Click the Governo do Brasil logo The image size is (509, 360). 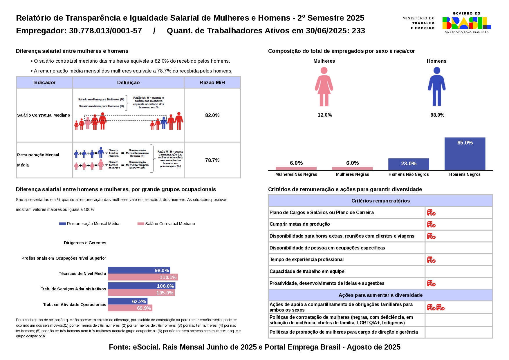pyautogui.click(x=466, y=23)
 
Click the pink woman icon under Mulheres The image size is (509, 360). pyautogui.click(x=324, y=87)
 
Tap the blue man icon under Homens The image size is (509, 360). pyautogui.click(x=436, y=87)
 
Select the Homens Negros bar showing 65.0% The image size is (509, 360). pyautogui.click(x=465, y=153)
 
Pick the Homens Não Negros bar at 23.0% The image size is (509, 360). pyautogui.click(x=408, y=164)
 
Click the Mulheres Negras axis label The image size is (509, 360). pyautogui.click(x=352, y=174)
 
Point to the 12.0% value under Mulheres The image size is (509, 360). pyautogui.click(x=325, y=115)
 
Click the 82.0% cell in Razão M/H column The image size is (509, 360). pyautogui.click(x=212, y=115)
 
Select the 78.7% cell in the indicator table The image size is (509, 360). pyautogui.click(x=212, y=160)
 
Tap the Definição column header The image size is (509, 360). pyautogui.click(x=128, y=82)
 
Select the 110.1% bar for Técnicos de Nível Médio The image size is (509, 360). pyautogui.click(x=143, y=277)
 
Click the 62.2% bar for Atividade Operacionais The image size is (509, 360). pyautogui.click(x=128, y=301)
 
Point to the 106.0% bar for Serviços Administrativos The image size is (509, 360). pyautogui.click(x=141, y=286)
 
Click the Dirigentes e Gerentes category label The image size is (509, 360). pyautogui.click(x=85, y=243)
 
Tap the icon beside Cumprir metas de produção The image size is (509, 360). pyautogui.click(x=431, y=224)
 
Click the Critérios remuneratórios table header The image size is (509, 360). pyautogui.click(x=380, y=201)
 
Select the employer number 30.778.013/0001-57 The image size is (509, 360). pyautogui.click(x=105, y=31)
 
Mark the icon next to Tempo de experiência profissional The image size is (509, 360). pyautogui.click(x=431, y=260)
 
